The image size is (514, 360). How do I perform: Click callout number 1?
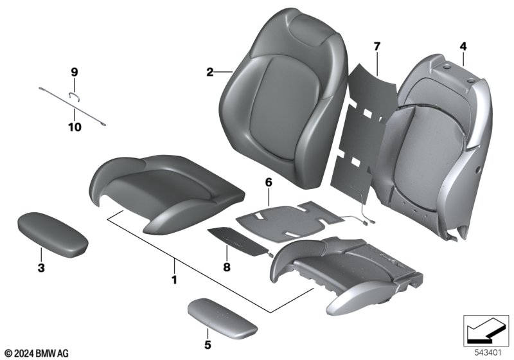pos(174,280)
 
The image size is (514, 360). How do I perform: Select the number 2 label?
pos(210,72)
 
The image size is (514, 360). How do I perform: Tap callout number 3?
pos(41,268)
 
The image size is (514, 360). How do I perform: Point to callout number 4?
pos(463,46)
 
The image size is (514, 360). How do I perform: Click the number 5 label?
pos(208,345)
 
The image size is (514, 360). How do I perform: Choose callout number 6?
pos(269,183)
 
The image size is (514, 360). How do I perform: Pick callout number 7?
pos(377,46)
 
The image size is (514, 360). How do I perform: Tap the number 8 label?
pos(227,267)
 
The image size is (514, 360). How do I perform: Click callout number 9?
pos(75,72)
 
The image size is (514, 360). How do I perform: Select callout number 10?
pos(75,127)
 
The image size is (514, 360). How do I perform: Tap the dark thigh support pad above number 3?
pos(53,234)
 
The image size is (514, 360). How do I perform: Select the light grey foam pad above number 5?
pos(222,317)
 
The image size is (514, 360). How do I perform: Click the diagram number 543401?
pos(488,353)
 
